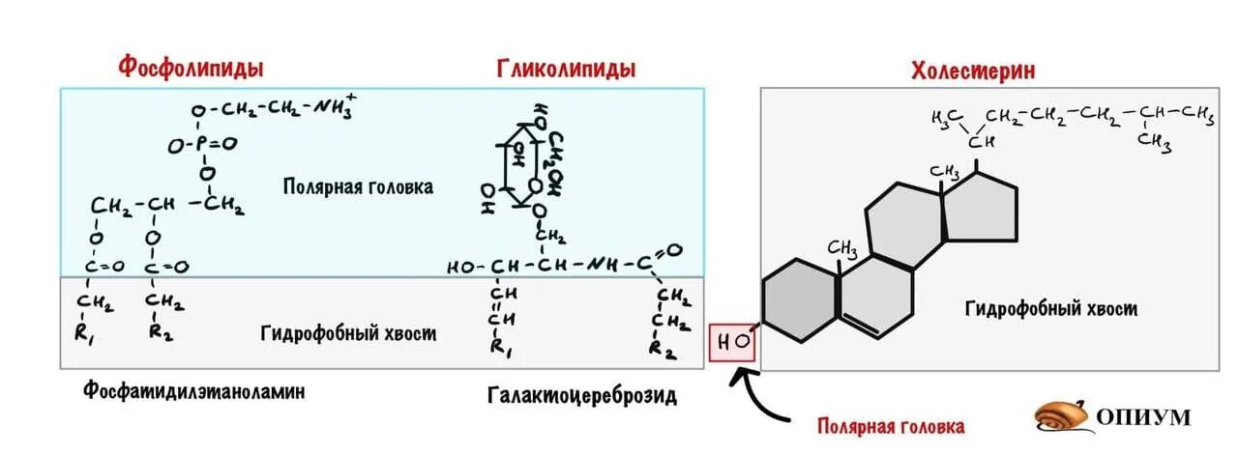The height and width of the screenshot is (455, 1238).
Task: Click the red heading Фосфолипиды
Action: click(x=192, y=68)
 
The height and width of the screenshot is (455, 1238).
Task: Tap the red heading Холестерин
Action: click(x=972, y=71)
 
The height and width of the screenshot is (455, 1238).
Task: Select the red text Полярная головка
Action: click(x=890, y=426)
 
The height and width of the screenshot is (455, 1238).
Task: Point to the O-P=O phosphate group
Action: click(x=201, y=145)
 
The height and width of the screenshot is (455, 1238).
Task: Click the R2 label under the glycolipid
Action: click(x=663, y=350)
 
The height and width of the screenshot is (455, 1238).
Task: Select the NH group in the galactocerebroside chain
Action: click(x=604, y=264)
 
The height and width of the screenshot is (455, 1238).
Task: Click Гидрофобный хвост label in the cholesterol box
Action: click(x=1050, y=309)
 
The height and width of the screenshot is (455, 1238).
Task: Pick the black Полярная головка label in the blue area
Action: click(x=358, y=186)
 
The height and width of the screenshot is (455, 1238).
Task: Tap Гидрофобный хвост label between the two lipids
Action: click(x=348, y=333)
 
